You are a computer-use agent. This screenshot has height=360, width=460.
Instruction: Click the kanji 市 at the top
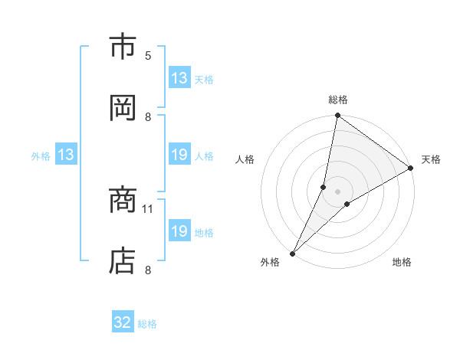pos(123,47)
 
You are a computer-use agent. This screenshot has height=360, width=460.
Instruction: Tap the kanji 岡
pos(123,107)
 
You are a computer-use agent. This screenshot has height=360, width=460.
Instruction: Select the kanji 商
pos(123,201)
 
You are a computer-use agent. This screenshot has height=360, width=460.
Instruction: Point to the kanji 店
pos(123,260)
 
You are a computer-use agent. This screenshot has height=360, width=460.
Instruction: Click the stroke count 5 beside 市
pos(148,55)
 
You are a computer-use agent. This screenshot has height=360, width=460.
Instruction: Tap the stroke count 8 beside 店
pos(148,270)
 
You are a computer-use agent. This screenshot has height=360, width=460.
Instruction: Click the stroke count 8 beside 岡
pos(148,116)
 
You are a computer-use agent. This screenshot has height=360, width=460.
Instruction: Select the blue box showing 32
pos(123,322)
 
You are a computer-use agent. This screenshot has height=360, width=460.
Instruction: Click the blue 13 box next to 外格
pos(65,155)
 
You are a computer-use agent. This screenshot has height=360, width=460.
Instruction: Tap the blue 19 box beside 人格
pos(179,155)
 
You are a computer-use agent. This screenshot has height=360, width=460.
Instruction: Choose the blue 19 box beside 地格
pos(179,232)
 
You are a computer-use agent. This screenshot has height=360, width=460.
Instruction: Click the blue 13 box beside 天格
pos(179,78)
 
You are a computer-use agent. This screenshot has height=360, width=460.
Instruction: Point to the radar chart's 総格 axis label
pos(338,100)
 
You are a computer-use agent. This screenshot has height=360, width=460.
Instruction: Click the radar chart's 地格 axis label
pos(402,262)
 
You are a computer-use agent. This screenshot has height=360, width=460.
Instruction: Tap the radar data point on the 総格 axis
pos(337,116)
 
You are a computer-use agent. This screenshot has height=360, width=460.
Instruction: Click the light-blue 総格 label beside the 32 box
pos(147,324)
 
